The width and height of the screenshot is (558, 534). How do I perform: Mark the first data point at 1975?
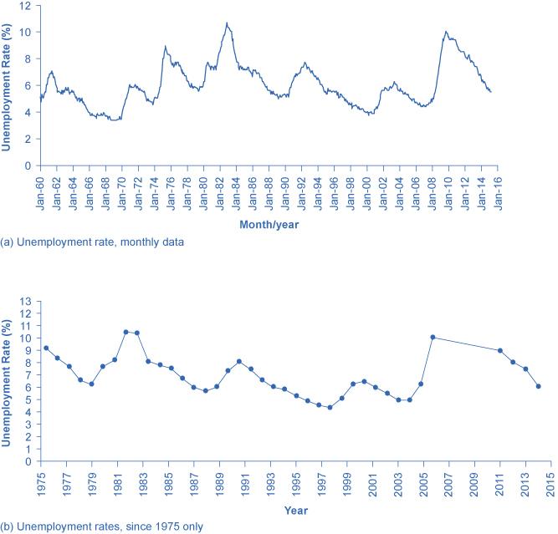click(x=45, y=348)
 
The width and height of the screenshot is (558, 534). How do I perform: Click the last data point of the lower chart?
click(x=538, y=386)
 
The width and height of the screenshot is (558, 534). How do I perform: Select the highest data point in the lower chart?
click(x=125, y=332)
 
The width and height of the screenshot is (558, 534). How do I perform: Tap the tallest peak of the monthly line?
click(x=226, y=23)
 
